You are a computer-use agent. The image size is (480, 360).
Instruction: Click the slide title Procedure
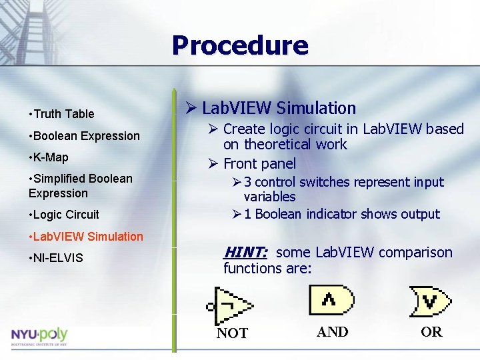(240, 45)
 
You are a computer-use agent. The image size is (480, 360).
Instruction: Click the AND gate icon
(331, 300)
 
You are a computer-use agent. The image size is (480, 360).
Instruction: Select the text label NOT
(232, 333)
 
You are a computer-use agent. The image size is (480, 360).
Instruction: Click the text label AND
(332, 332)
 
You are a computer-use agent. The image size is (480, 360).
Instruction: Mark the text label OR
(431, 332)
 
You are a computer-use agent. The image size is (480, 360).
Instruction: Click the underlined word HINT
(245, 252)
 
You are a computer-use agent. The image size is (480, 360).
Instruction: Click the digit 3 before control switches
(247, 183)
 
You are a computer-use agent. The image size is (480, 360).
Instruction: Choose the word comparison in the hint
(417, 253)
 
